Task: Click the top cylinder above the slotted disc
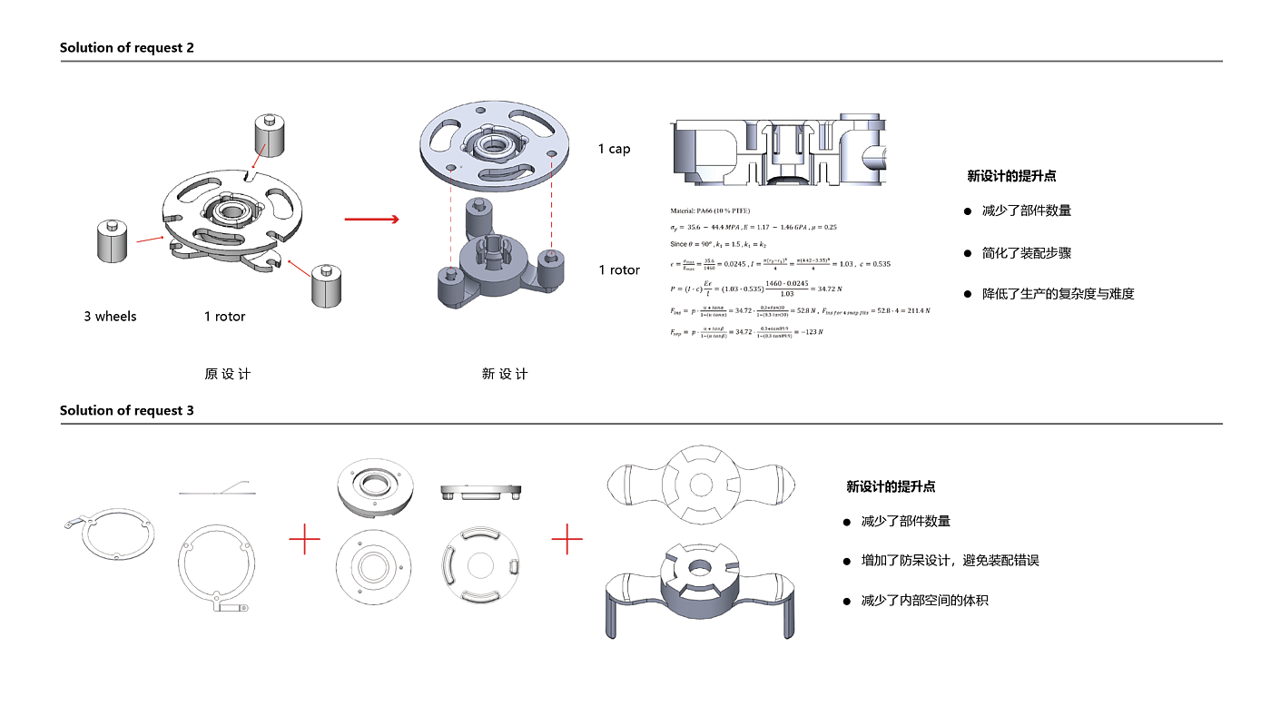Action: click(269, 136)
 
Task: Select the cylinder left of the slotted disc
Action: click(113, 242)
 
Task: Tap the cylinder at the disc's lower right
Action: click(327, 287)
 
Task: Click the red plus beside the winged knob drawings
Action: click(567, 539)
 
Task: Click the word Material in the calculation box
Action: click(684, 211)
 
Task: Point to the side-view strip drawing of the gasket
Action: click(217, 491)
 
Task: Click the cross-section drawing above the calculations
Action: click(777, 149)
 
